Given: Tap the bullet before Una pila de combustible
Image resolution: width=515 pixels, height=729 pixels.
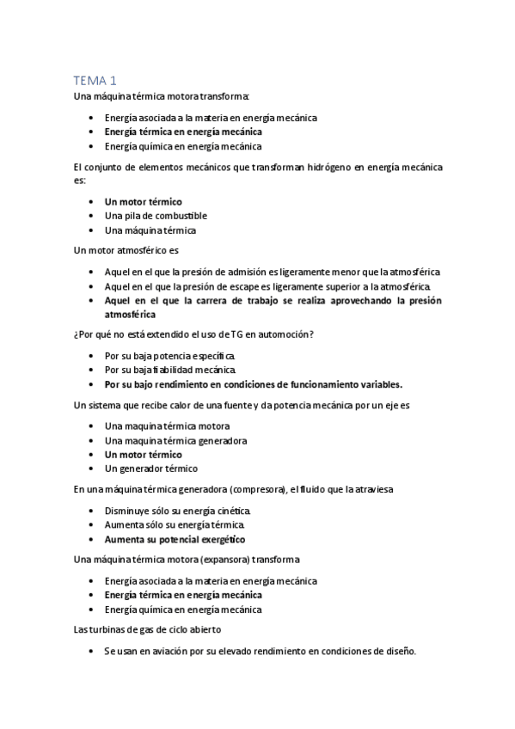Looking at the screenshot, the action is [92, 216].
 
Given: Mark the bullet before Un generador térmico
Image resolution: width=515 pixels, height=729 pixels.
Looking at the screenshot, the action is [92, 469].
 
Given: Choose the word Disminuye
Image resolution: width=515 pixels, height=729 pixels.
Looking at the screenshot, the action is [128, 511].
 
